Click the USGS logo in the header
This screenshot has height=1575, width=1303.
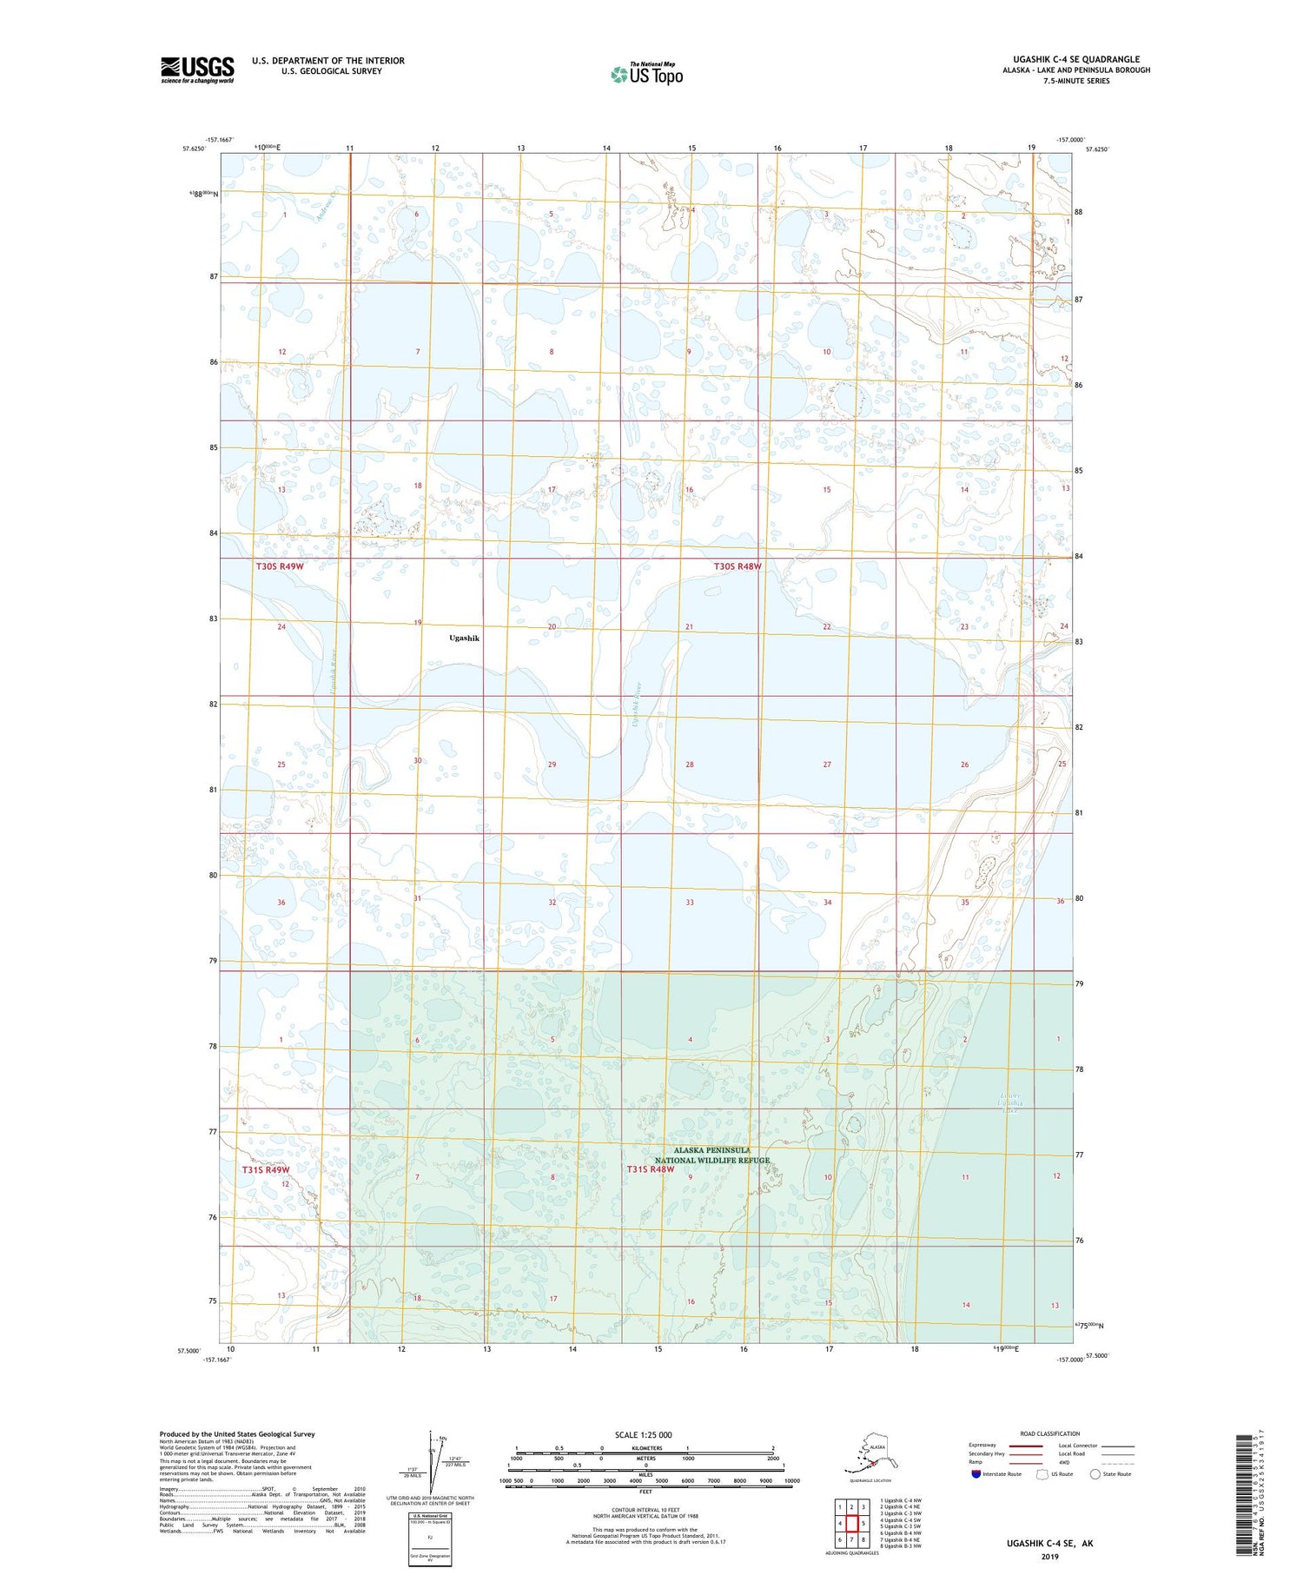pyautogui.click(x=197, y=69)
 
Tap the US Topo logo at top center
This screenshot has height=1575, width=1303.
pyautogui.click(x=646, y=73)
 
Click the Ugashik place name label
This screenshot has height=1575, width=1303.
pyautogui.click(x=464, y=638)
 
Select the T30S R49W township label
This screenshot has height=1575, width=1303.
pyautogui.click(x=280, y=566)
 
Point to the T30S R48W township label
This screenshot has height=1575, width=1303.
pyautogui.click(x=737, y=566)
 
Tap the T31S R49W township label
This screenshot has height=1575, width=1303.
pyautogui.click(x=265, y=1169)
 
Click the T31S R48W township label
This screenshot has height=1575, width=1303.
pyautogui.click(x=651, y=1169)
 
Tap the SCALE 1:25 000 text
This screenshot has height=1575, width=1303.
pyautogui.click(x=643, y=1434)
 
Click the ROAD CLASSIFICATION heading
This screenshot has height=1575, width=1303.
pyautogui.click(x=1049, y=1433)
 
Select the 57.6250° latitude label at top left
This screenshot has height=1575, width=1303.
pyautogui.click(x=194, y=149)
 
